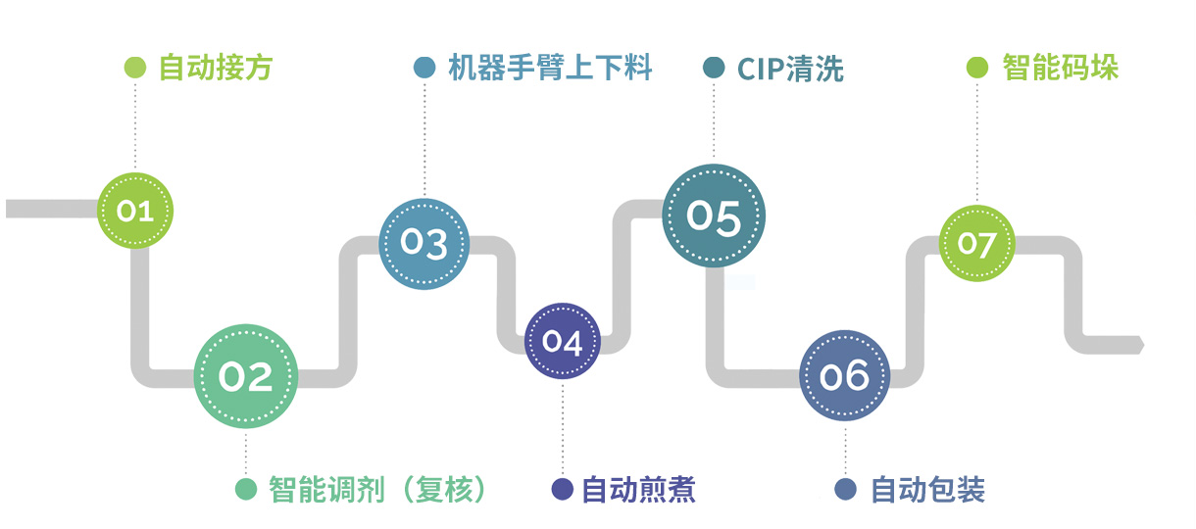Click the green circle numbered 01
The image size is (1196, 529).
click(135, 210)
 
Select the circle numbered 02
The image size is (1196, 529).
click(245, 376)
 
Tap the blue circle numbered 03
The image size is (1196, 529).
click(424, 244)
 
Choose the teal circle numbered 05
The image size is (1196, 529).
click(714, 216)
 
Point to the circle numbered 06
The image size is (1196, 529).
click(845, 376)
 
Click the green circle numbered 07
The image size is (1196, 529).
click(976, 242)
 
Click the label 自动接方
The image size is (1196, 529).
click(216, 68)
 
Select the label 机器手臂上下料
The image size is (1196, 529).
click(550, 68)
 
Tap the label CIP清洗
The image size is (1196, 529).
click(789, 69)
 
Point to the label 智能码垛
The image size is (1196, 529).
click(1061, 68)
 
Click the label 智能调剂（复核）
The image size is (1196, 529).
click(378, 489)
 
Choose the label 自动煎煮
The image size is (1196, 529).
click(638, 489)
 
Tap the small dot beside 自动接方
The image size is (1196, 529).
click(135, 68)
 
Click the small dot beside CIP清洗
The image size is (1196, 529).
click(715, 68)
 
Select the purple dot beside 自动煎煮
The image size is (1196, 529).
click(563, 489)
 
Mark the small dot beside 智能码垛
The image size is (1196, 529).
click(977, 68)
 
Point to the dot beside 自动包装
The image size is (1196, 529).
click(845, 489)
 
